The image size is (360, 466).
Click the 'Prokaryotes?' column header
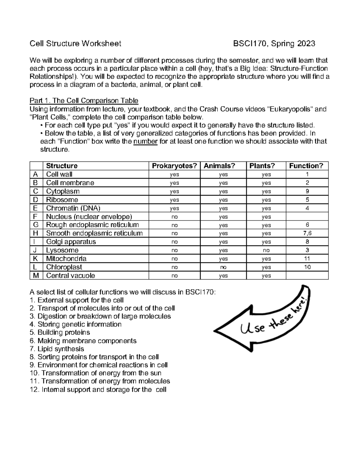pos(175,166)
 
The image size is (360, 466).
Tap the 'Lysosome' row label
pos(62,250)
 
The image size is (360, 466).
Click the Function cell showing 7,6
pos(307,233)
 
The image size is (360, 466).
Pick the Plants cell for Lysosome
pos(266,251)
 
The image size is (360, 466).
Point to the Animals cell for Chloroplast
pos(223,267)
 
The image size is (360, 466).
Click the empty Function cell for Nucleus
pos(307,217)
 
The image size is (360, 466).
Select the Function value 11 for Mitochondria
pos(307,259)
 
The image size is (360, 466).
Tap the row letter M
pos(36,275)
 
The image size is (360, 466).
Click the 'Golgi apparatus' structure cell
pos(71,242)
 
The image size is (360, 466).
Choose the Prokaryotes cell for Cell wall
pos(174,175)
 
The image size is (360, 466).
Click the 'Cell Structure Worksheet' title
pos(75,44)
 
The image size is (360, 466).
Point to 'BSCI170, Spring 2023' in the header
pos(274,44)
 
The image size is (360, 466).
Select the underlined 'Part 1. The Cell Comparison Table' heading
pos(84,101)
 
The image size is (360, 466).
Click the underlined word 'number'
pos(145,142)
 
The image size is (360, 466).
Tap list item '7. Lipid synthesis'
pos(57,349)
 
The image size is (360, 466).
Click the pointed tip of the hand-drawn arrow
pos(215,331)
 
